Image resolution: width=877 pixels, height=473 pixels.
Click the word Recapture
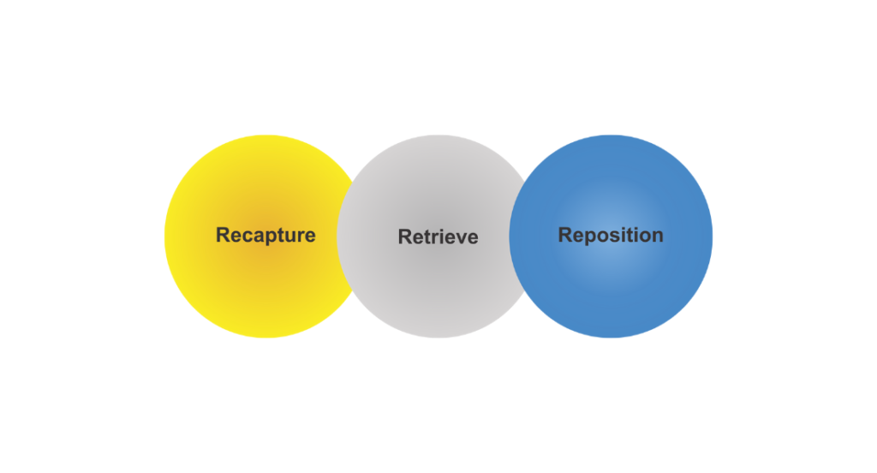pos(265,235)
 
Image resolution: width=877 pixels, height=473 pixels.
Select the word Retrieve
pos(438,236)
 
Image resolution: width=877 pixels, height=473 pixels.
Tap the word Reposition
pos(611,235)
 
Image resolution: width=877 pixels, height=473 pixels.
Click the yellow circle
pos(248,283)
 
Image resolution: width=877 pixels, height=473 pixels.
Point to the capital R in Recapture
pos(223,235)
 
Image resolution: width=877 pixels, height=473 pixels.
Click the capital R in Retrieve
pos(405,236)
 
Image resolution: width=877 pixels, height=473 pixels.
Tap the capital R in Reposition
pos(565,235)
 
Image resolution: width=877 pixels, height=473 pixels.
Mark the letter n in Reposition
pos(657,236)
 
